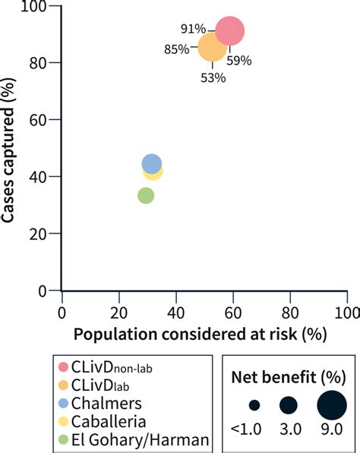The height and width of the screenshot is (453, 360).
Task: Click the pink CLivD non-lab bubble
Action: coord(230,31)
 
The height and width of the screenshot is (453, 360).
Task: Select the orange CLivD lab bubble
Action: coord(212,48)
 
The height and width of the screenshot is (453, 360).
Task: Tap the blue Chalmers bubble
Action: coord(152,163)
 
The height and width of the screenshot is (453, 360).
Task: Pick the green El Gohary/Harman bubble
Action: coord(146,196)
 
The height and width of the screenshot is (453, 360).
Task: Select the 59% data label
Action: coord(239,60)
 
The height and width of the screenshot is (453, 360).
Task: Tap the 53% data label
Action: coord(213,77)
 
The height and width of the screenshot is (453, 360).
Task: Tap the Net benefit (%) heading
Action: coord(286,374)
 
